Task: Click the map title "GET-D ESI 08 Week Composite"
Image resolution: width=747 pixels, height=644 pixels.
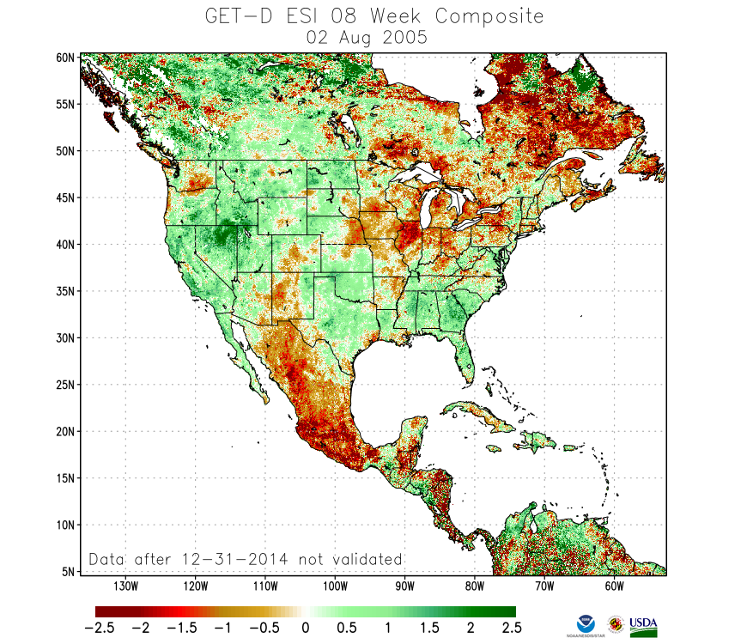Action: [374, 15]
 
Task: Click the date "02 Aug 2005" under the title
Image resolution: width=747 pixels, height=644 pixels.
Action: [374, 37]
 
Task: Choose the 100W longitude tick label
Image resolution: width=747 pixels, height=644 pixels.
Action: [335, 586]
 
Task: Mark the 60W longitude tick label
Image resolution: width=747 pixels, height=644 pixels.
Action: [613, 586]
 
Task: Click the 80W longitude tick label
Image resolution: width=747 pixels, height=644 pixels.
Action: [474, 586]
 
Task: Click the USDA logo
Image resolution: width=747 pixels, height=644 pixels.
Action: [643, 625]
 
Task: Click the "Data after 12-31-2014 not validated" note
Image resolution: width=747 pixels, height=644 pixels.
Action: [246, 559]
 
